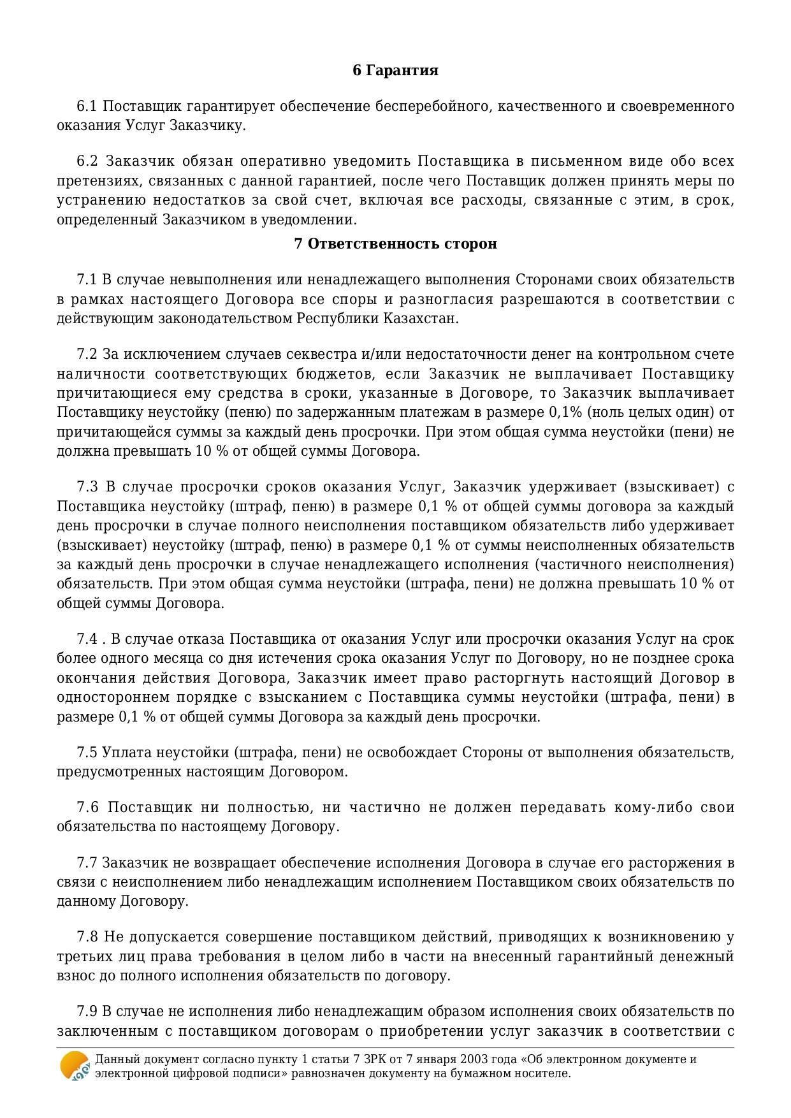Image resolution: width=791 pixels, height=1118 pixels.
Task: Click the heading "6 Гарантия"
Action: coord(395,70)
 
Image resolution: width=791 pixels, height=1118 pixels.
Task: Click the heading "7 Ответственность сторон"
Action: coord(395,243)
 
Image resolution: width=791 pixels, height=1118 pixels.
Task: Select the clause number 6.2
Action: coord(87,161)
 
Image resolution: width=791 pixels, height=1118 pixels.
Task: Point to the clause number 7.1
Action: coord(86,279)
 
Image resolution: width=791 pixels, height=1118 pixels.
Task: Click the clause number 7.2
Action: coord(87,354)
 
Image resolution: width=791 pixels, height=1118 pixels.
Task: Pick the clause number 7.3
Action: coord(87,487)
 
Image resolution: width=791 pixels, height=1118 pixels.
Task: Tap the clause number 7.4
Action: coord(87,639)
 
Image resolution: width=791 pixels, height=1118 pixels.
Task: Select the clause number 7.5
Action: coord(87,752)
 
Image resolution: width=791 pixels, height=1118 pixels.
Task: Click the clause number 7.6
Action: coord(87,808)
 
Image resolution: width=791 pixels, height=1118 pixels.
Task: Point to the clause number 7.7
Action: coord(87,863)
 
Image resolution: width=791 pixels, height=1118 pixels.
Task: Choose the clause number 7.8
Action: coord(87,937)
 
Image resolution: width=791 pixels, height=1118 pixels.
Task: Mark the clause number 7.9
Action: coord(87,1012)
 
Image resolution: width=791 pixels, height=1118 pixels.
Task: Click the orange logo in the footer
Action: coord(74,1066)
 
